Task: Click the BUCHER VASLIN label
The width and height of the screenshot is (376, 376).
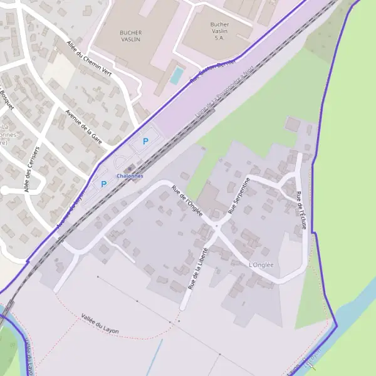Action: pyautogui.click(x=130, y=36)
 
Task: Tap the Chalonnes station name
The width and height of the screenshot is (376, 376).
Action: pyautogui.click(x=130, y=176)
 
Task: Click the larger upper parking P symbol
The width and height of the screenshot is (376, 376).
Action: pyautogui.click(x=146, y=142)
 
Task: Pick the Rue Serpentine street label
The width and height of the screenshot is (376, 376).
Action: pyautogui.click(x=239, y=196)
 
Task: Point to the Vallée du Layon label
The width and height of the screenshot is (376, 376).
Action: pyautogui.click(x=100, y=325)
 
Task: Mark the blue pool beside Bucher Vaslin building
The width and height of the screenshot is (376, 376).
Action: pyautogui.click(x=177, y=76)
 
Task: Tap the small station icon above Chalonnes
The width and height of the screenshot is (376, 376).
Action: pyautogui.click(x=130, y=169)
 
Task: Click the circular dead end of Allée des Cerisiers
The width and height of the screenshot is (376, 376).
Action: pyautogui.click(x=4, y=190)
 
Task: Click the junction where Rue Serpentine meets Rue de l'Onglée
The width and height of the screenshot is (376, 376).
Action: pyautogui.click(x=216, y=226)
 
